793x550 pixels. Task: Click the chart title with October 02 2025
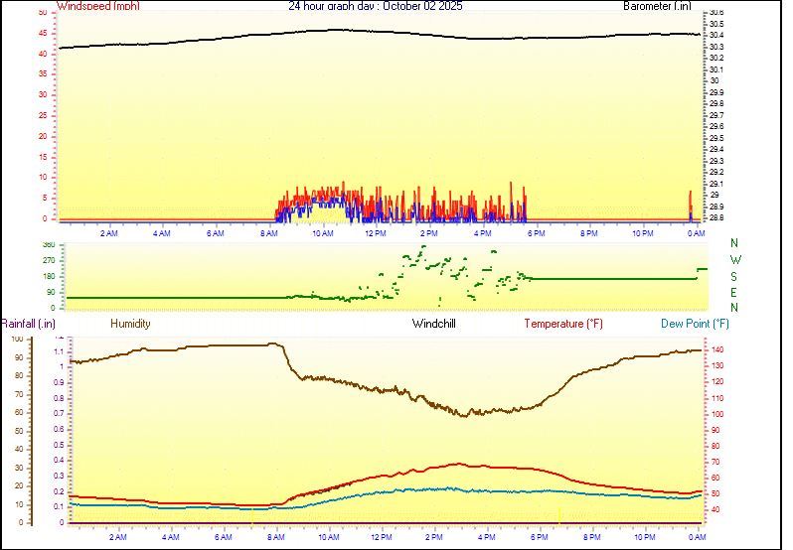375,6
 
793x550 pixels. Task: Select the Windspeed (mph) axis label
98,6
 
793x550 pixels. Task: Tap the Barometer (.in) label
657,6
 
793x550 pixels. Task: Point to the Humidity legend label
130,324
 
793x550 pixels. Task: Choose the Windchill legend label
433,324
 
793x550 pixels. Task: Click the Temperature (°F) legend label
562,324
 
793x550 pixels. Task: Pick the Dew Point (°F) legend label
695,324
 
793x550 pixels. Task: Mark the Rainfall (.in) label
28,324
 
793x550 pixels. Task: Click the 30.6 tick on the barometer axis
714,13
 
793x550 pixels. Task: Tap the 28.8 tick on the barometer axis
714,217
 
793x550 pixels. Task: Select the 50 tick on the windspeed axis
42,13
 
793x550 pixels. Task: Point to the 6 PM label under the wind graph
536,233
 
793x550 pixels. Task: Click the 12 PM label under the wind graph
376,233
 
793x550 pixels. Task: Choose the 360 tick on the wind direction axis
49,244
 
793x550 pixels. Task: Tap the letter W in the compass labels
735,260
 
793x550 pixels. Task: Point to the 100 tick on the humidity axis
17,340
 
